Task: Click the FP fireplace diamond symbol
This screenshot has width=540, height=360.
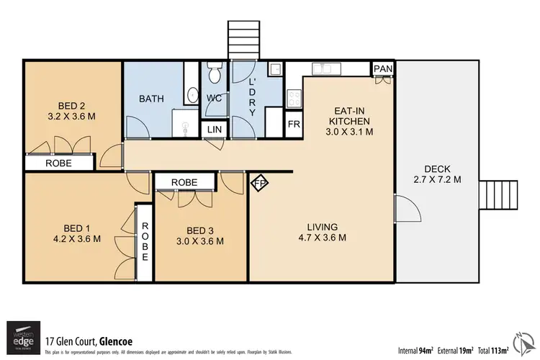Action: point(259,184)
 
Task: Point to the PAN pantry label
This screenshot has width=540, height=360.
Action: point(382,69)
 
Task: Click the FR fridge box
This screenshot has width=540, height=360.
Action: point(294,124)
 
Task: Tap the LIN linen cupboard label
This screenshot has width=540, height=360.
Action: point(215,130)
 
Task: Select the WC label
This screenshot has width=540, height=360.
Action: point(215,99)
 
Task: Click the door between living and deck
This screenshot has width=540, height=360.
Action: point(406,212)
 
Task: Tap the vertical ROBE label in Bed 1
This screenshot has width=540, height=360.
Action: point(145,241)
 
